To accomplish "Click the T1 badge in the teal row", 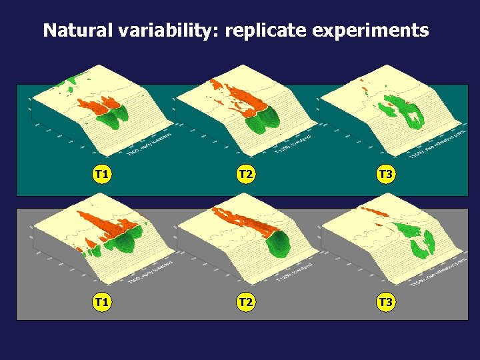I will pyautogui.click(x=101, y=175).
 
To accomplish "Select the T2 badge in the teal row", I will pyautogui.click(x=246, y=175).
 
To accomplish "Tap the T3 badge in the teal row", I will pyautogui.click(x=385, y=175).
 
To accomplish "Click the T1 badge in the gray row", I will pyautogui.click(x=101, y=303).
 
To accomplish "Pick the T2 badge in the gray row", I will pyautogui.click(x=246, y=303).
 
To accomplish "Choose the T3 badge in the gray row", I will pyautogui.click(x=385, y=303).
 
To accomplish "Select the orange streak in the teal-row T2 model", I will pyautogui.click(x=237, y=97).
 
